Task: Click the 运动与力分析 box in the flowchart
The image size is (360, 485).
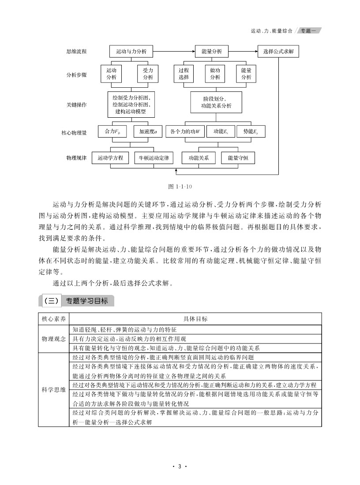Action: point(131,52)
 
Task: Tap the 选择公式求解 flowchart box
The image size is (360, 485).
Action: point(278,52)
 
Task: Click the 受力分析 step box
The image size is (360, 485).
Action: point(148,74)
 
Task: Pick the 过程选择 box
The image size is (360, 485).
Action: point(184,74)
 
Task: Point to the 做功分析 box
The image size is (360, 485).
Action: point(215,74)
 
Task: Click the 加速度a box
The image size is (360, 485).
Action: point(148,131)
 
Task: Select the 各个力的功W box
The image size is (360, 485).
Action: point(185,131)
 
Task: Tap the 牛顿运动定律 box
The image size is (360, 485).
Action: point(154,157)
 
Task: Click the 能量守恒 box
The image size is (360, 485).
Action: point(238,157)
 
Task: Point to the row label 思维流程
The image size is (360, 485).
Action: point(76,52)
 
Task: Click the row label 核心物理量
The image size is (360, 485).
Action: point(76,132)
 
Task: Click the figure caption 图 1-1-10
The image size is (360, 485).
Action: point(180,187)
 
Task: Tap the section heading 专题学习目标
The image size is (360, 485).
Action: point(86,301)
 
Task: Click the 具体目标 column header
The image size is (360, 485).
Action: point(195,319)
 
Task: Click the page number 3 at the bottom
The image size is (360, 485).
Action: point(180,466)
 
